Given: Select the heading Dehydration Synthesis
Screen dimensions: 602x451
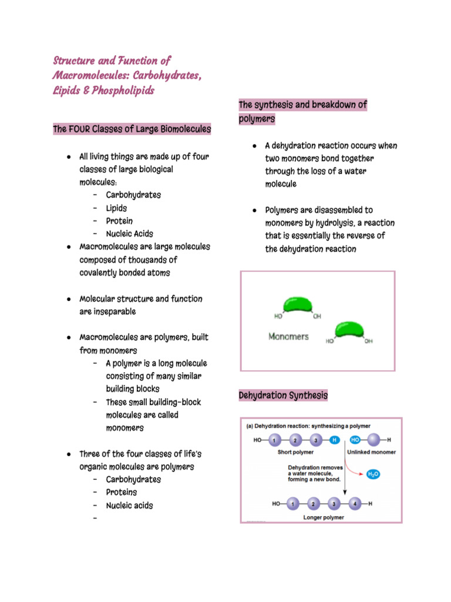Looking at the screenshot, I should click(x=283, y=396).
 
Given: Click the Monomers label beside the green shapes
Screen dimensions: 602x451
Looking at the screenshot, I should click(x=288, y=337).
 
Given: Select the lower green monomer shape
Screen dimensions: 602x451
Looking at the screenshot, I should click(x=350, y=331).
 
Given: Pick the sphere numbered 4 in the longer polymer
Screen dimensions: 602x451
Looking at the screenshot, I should click(x=355, y=504).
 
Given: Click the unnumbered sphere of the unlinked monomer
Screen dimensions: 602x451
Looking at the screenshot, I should click(x=372, y=440).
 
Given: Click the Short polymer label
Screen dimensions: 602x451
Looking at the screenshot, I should click(x=295, y=452).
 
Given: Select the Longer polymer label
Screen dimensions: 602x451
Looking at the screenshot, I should click(x=324, y=517).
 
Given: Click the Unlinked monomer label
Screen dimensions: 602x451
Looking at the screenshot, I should click(x=371, y=452).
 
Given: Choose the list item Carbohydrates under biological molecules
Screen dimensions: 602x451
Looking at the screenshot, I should click(x=133, y=195).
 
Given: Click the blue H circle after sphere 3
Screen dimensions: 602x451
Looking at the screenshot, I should click(x=334, y=440).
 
